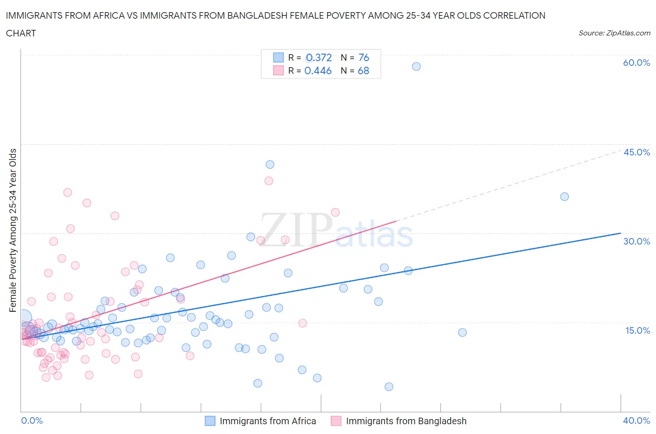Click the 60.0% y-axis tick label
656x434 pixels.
coord(636,63)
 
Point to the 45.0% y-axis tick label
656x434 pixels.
coord(636,152)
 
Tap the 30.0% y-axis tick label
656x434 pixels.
coord(636,241)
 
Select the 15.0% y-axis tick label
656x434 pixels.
coord(636,330)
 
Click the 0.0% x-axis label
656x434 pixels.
coord(32,420)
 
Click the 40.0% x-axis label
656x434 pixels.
coord(636,420)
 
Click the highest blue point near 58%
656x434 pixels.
coord(416,66)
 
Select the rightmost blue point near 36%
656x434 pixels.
coord(564,196)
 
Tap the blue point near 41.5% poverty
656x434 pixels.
coord(270,164)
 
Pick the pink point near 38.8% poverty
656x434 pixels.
coord(268,181)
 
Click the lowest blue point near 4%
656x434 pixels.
coord(389,386)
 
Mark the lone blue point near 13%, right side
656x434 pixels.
coord(462,332)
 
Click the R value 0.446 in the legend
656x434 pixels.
coord(318,70)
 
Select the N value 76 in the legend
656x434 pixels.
coord(363,57)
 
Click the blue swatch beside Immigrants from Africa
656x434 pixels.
coord(210,421)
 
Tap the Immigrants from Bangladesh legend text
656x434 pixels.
coord(406,421)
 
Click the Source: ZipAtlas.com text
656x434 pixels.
coord(614,33)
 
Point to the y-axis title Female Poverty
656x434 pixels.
coord(13,230)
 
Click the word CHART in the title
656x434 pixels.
coord(21,33)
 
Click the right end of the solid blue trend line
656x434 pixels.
coord(620,233)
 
